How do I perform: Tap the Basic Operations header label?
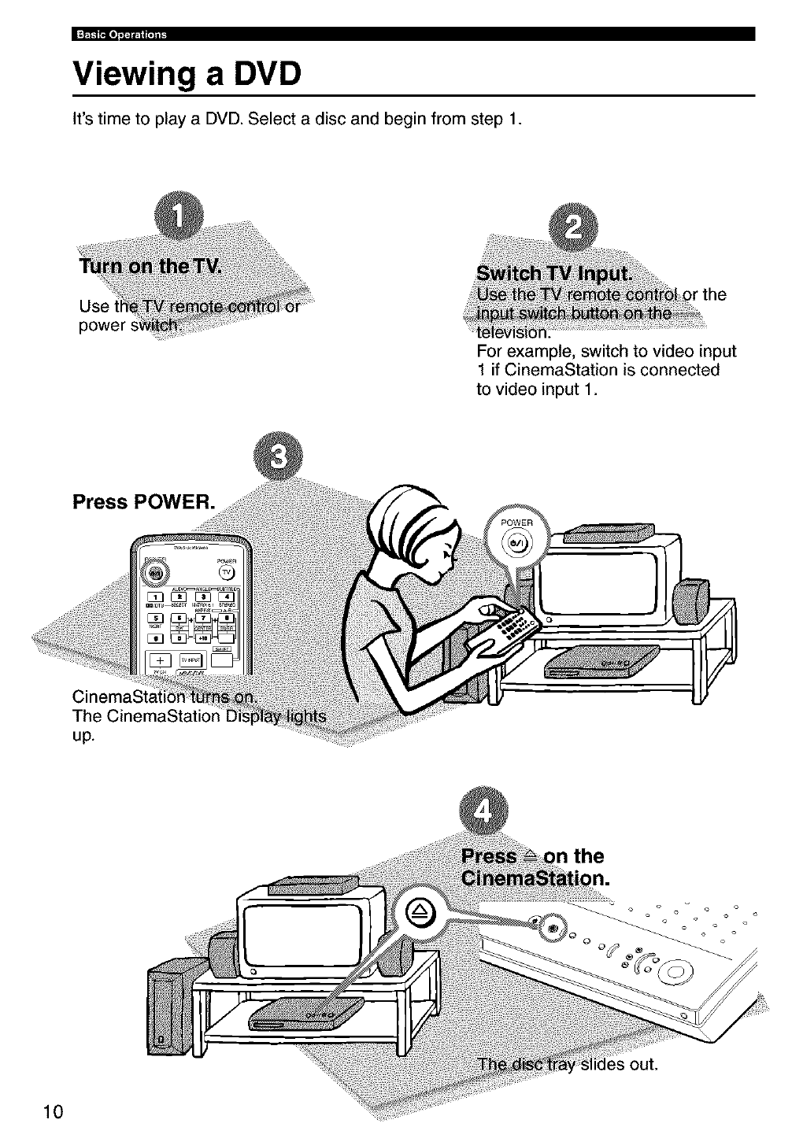point(120,34)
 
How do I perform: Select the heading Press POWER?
point(142,501)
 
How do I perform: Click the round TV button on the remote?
point(226,571)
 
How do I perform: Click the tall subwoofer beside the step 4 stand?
point(167,1006)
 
